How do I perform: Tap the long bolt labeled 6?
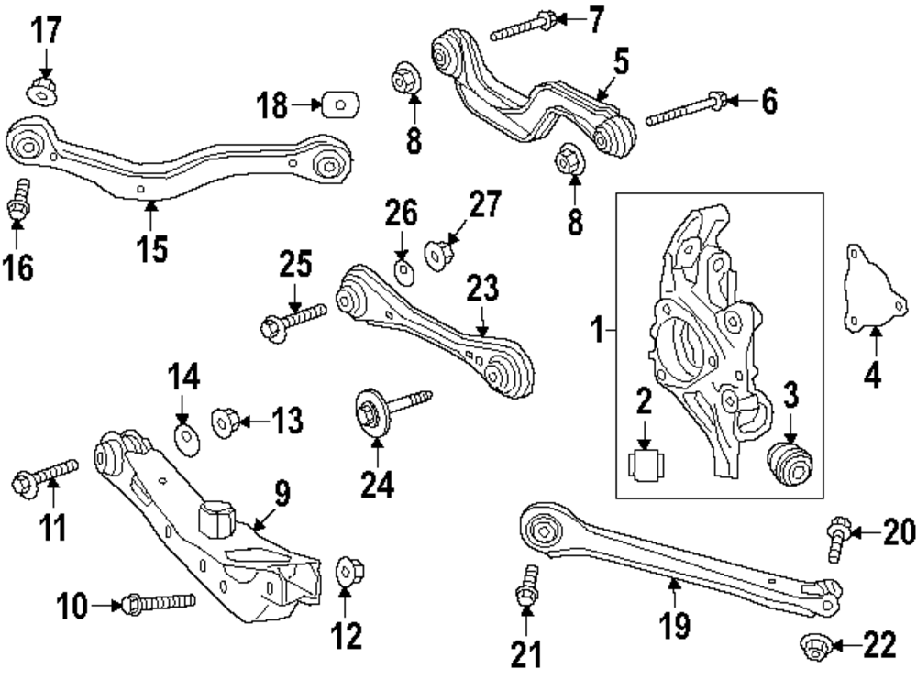click(687, 109)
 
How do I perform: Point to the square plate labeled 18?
click(340, 105)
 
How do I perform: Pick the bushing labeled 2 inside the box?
click(645, 464)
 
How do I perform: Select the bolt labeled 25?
click(293, 320)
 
